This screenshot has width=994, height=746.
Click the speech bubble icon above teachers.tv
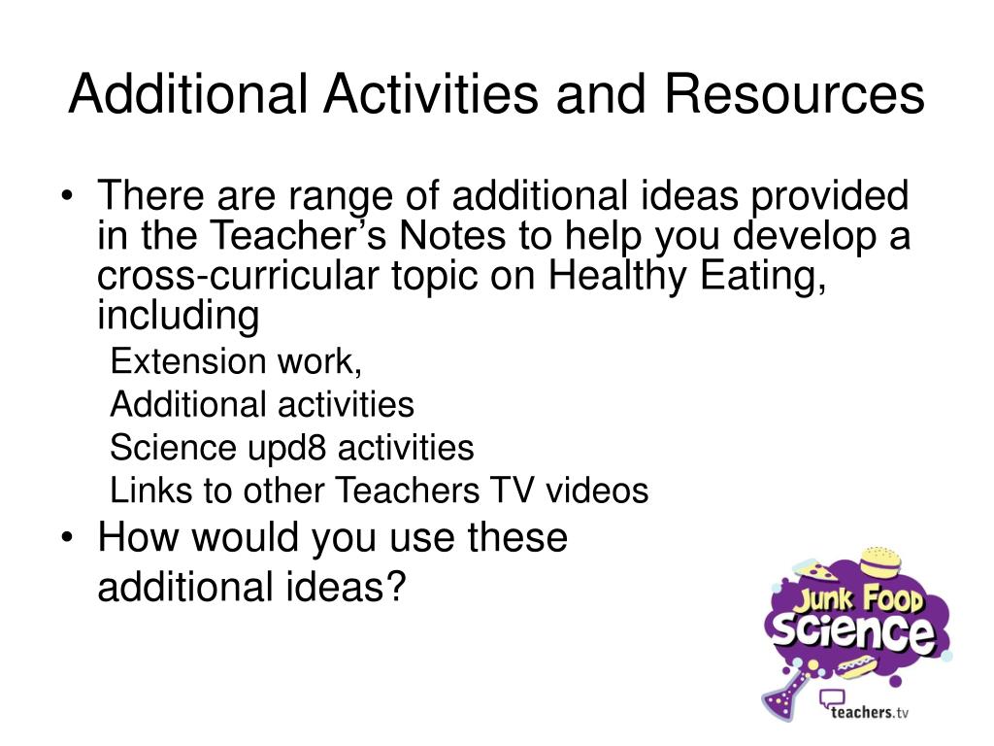pyautogui.click(x=832, y=697)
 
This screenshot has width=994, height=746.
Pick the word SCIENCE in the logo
pyautogui.click(x=851, y=631)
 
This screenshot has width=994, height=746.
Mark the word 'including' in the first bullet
pyautogui.click(x=179, y=317)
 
